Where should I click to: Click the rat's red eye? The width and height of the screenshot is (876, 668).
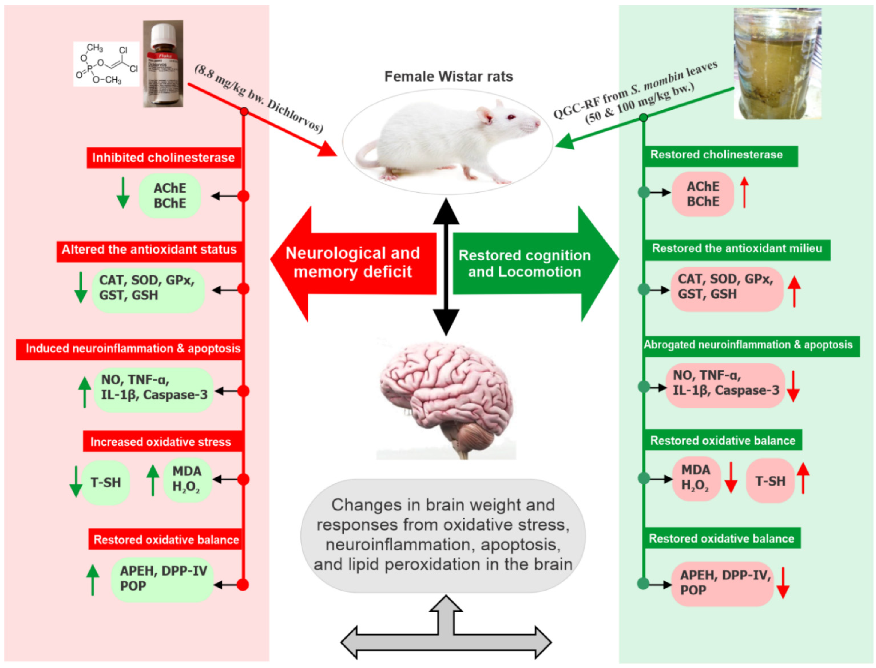(511, 118)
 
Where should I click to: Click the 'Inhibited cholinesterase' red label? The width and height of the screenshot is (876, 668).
(163, 158)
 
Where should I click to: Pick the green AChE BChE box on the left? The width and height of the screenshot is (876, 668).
(170, 196)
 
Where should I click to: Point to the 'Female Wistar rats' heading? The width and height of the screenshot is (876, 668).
(448, 76)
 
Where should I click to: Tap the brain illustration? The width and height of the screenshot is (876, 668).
(446, 398)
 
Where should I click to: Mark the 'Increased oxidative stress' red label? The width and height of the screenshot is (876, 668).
(161, 442)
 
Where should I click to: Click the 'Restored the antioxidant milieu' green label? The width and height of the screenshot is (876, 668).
(737, 249)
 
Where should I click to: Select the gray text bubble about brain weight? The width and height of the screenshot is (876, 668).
(443, 535)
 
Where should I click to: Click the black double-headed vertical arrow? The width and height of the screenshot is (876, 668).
(446, 266)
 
